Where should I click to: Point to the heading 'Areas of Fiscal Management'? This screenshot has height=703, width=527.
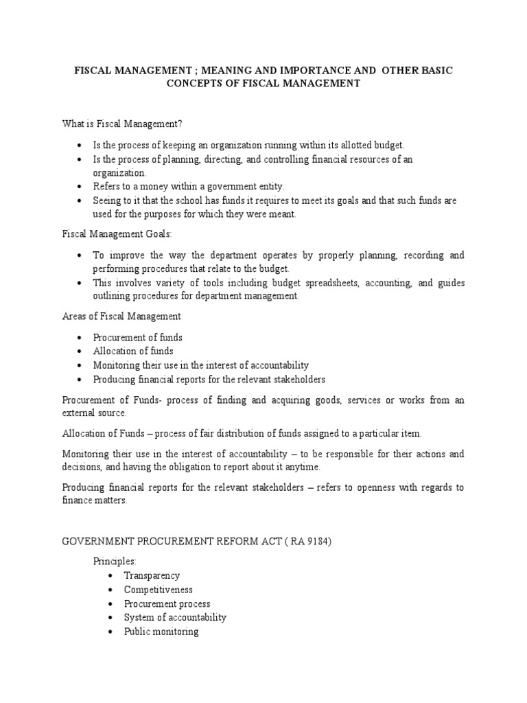click(121, 316)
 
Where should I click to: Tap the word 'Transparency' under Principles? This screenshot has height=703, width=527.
click(152, 576)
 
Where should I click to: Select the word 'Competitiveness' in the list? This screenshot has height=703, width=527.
click(159, 590)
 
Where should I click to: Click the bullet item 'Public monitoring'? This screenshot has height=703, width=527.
click(161, 632)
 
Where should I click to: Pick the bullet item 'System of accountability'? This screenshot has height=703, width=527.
click(175, 617)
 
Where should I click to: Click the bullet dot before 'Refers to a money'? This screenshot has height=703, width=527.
click(80, 187)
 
